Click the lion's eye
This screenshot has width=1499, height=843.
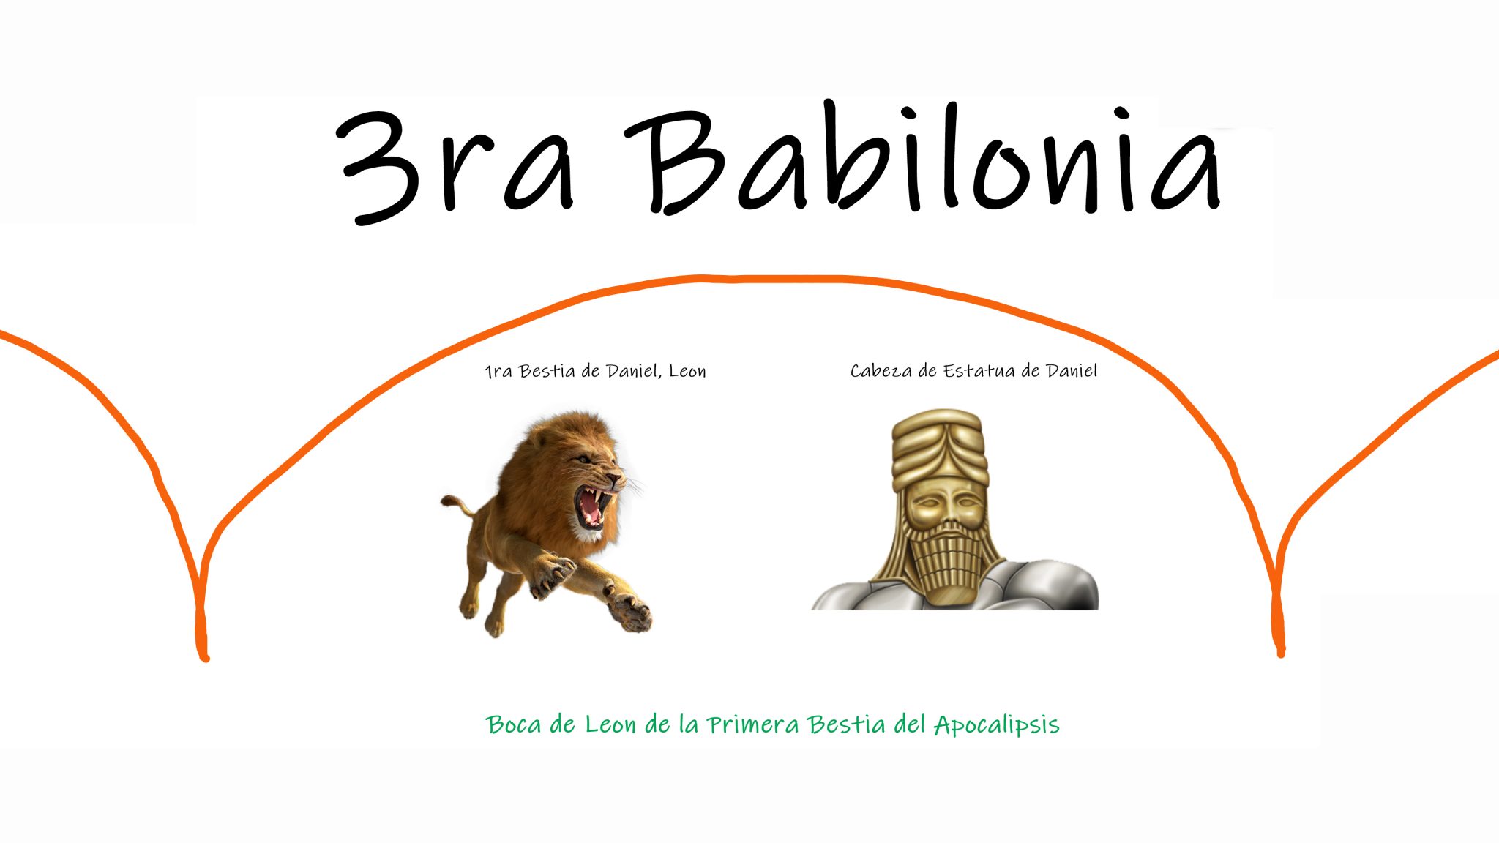coord(583,460)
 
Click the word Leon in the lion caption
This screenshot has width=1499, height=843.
coord(687,372)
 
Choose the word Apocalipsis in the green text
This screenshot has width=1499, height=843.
coord(997,725)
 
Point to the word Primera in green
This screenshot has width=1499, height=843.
coord(752,724)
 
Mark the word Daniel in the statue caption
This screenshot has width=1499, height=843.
coord(1072,372)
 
